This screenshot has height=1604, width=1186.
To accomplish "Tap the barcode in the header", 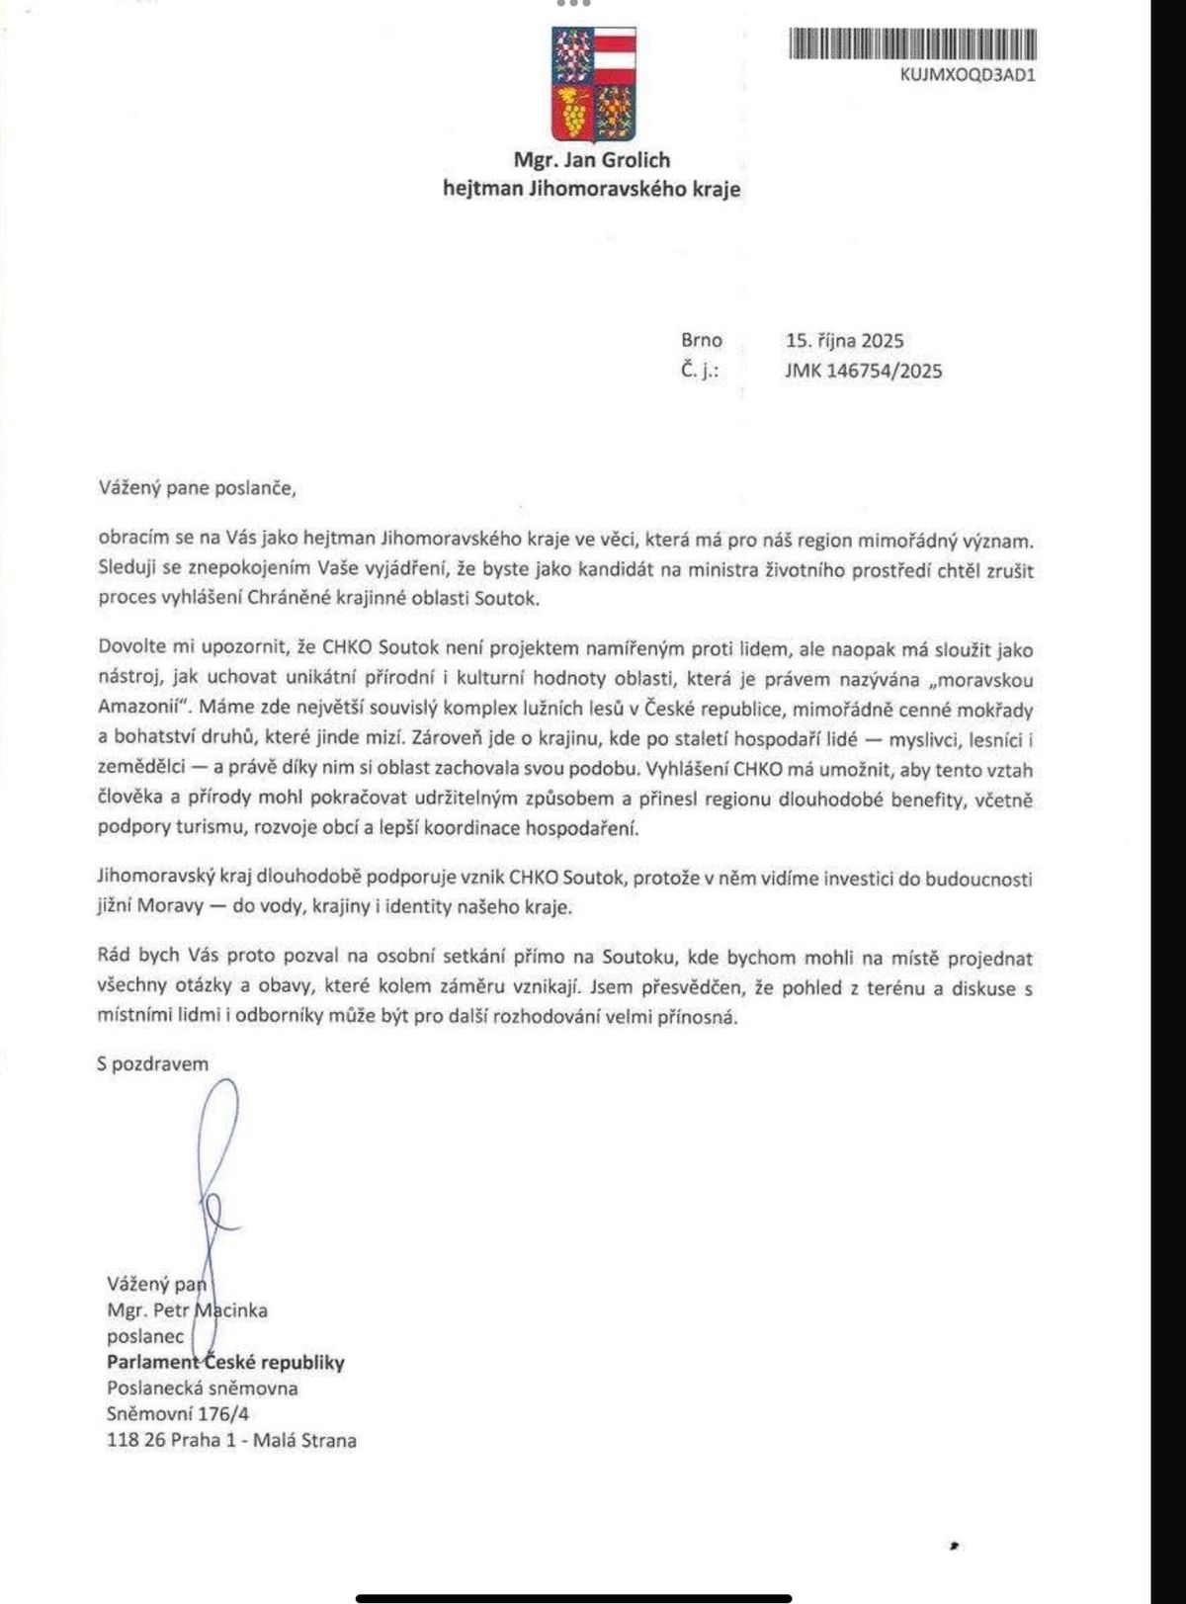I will tap(913, 45).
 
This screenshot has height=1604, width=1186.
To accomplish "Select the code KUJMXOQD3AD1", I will tap(968, 74).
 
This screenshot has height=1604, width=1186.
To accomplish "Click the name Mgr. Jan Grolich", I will tap(592, 160).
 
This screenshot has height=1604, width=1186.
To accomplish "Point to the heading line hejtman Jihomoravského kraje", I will tap(592, 189).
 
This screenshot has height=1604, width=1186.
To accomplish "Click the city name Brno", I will tap(702, 341).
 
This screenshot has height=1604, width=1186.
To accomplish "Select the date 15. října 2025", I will tap(844, 341).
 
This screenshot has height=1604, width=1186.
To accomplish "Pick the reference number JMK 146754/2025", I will tap(863, 371).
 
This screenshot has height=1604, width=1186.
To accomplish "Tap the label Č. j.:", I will tap(699, 371).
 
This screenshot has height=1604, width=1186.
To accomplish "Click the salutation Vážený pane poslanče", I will tap(198, 487).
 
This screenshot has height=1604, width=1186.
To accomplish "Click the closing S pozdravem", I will tap(153, 1063).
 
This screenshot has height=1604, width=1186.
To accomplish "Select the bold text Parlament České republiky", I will tap(225, 1363).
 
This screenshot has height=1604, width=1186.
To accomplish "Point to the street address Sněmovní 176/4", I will tap(178, 1414).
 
